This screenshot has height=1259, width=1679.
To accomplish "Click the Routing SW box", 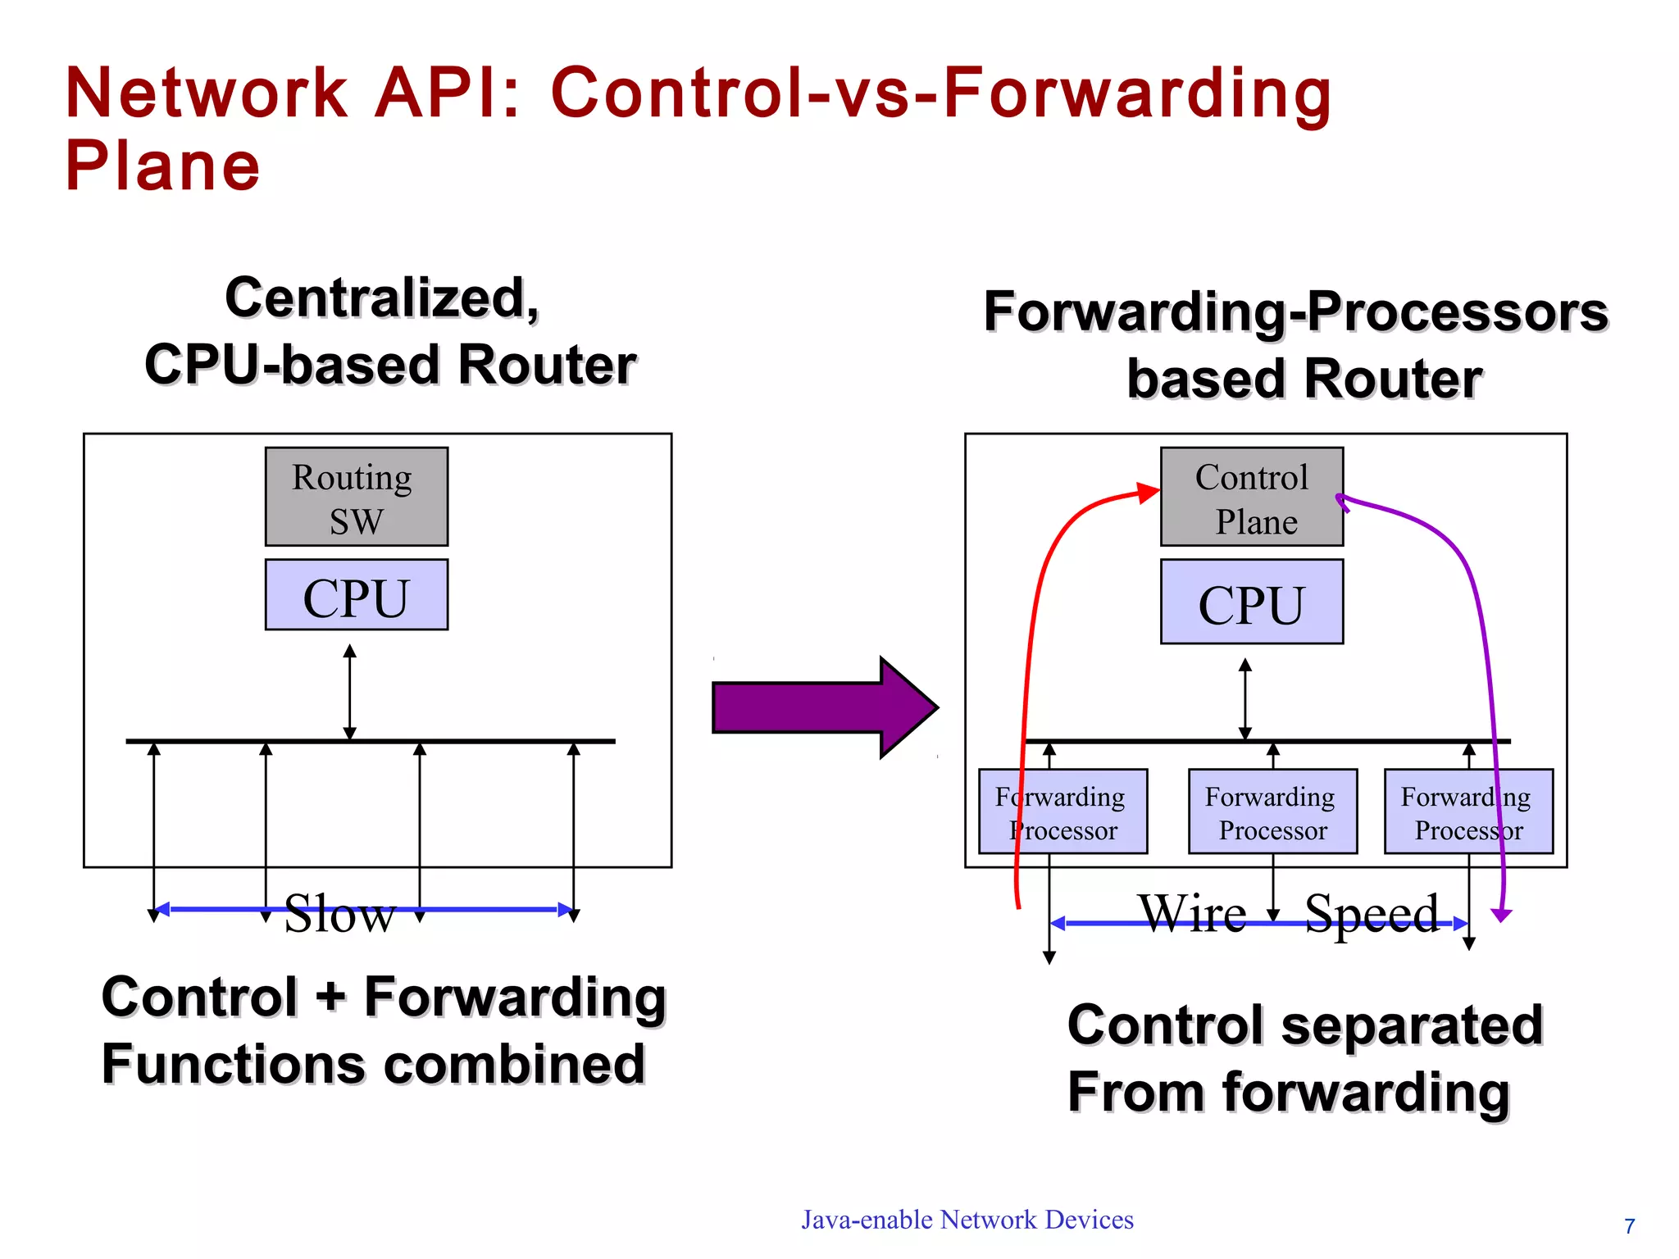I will point(357,497).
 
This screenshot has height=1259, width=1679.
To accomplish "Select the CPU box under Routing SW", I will point(357,595).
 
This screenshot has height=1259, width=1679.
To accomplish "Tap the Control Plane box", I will point(1251,497).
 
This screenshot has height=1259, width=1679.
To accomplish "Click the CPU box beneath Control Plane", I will point(1251,602).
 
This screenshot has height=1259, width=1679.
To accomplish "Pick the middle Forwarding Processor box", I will point(1272,811).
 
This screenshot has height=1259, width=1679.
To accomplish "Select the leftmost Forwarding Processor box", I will point(1063,811).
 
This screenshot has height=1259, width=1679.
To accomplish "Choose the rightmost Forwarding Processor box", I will point(1468,811).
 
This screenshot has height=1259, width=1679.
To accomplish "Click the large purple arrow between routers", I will point(824,707).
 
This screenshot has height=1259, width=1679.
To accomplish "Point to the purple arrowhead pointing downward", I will point(1502,915).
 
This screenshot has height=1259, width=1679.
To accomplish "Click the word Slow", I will point(339,913).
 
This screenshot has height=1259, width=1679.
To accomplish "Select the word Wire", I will point(1192,912).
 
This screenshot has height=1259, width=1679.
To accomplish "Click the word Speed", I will point(1372,913).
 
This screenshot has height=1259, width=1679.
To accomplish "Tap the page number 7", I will point(1630,1226).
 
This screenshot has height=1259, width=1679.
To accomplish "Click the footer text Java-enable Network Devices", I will point(967,1220).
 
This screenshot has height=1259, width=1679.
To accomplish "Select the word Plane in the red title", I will point(162,166).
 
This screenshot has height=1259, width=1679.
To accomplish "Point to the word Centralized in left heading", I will point(382,298).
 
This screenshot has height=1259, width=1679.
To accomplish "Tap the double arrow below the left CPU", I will point(350,693).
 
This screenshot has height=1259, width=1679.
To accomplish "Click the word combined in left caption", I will point(515,1065).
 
